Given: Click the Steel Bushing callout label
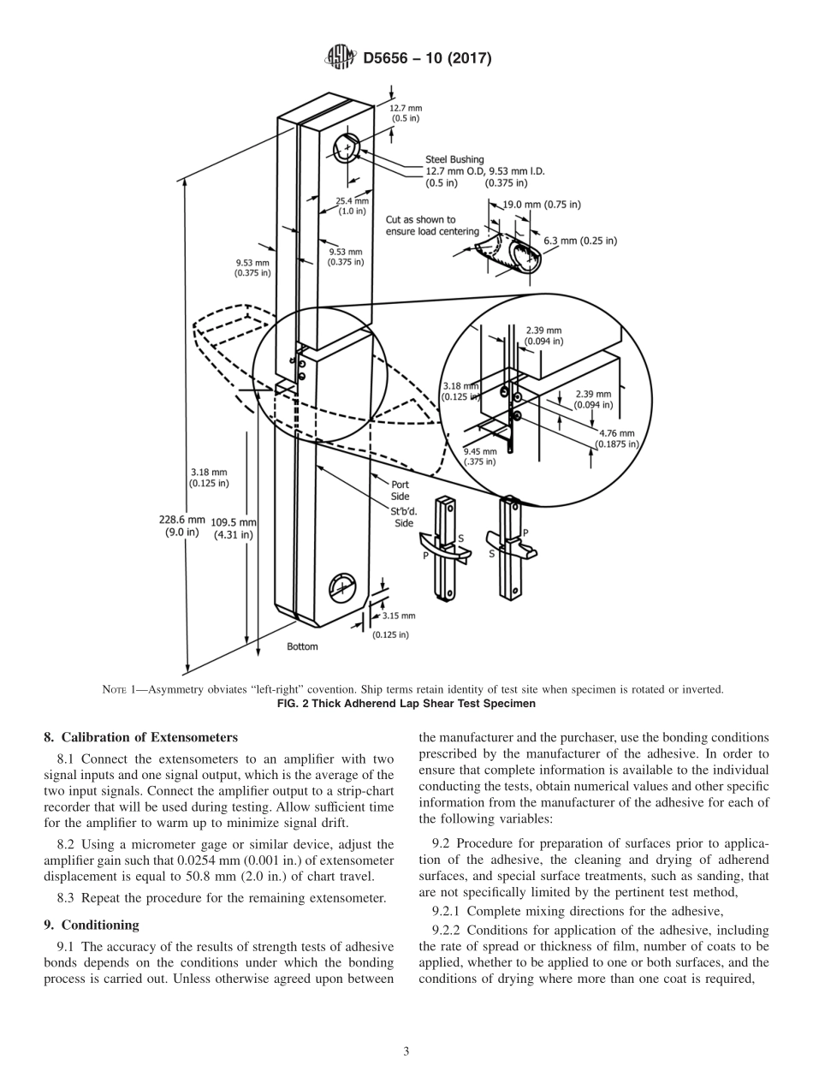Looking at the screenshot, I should coord(454,159).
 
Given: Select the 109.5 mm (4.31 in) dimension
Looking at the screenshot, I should coord(234,528).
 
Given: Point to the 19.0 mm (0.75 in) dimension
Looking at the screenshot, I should coord(542,205).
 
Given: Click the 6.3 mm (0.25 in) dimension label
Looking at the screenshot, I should coord(579,241).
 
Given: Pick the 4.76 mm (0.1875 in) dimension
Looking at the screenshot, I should coord(616,438).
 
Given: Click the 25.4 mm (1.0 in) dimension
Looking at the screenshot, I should coord(352,206).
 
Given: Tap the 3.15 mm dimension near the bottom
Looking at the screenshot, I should coord(398,616).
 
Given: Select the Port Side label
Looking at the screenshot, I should coord(400,491).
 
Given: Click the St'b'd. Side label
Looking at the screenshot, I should coord(402,518).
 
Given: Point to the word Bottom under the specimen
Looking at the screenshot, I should coord(302,647).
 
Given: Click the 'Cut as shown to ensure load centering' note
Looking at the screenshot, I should coord(432,225).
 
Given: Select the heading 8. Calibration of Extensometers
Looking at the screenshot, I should coord(140,737).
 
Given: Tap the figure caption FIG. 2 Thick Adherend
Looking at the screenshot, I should coord(406,704).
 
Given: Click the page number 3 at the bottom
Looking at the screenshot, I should coord(406,1051).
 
